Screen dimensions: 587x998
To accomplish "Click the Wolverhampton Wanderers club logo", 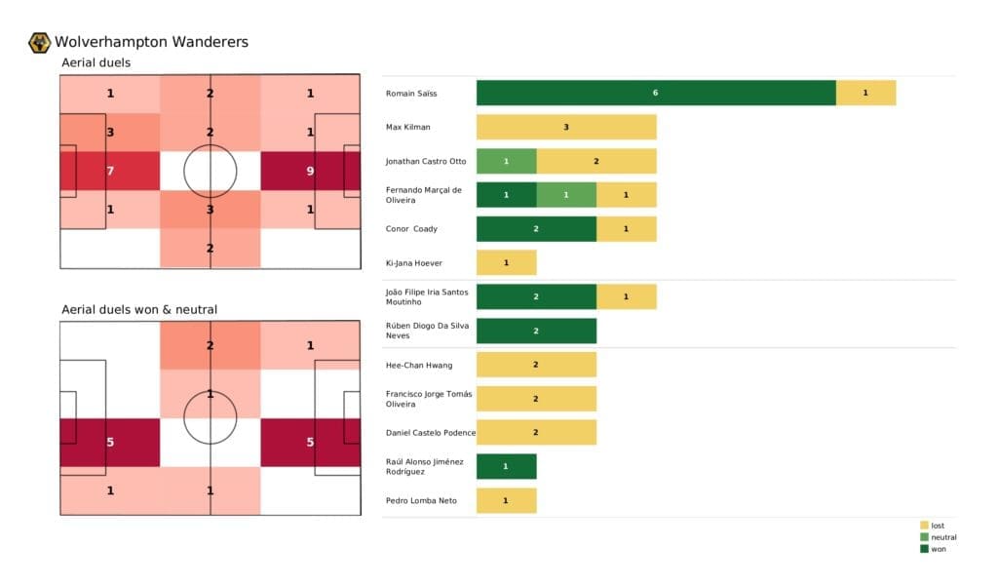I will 40,42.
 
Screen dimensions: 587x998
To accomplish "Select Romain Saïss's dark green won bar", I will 656,93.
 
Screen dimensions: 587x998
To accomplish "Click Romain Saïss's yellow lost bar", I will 865,93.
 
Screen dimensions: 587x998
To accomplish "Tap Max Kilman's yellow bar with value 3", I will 566,127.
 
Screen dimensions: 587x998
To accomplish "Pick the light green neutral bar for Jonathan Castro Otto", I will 506,161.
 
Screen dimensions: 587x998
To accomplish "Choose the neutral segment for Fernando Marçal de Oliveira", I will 566,195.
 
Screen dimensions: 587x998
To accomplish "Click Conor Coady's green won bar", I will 536,229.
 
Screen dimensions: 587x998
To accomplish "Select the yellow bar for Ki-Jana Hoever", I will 506,262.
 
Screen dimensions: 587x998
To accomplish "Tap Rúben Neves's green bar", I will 536,331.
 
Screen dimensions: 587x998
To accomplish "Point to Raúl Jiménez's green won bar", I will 506,466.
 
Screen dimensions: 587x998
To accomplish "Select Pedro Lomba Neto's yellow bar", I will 506,500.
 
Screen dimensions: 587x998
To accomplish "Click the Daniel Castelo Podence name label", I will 429,432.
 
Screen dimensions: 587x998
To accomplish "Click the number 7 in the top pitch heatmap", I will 110,172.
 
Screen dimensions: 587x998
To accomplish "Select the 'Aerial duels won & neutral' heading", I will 139,309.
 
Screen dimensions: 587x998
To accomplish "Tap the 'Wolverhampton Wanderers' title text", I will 151,42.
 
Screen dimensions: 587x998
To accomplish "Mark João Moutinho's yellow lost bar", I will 626,296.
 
